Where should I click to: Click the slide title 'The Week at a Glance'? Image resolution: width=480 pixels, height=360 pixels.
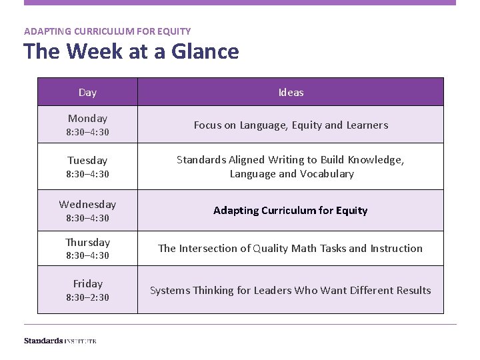(131, 51)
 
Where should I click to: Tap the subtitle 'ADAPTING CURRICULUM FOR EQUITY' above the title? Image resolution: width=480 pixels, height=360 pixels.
(107, 31)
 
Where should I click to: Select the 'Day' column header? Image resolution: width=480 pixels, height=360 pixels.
(87, 93)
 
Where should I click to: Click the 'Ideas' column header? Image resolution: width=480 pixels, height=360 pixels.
(291, 93)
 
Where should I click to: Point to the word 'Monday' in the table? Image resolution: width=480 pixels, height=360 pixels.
(87, 119)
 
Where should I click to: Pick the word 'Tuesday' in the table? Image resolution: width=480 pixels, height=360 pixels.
(87, 161)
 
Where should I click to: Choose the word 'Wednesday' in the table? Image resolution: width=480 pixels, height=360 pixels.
(87, 205)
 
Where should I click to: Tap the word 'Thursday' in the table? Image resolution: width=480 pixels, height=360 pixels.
(87, 243)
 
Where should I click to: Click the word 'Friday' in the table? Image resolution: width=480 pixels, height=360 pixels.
(87, 284)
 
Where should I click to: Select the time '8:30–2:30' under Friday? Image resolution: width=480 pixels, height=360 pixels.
(87, 297)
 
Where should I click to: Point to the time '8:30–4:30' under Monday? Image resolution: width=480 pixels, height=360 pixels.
(87, 132)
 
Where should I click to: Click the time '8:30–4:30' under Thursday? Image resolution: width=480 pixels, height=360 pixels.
(87, 255)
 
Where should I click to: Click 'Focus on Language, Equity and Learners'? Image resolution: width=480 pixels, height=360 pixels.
(291, 125)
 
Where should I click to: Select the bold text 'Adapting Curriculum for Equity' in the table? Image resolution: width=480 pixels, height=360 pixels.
(291, 211)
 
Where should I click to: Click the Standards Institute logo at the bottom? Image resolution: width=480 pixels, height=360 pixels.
(60, 341)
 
